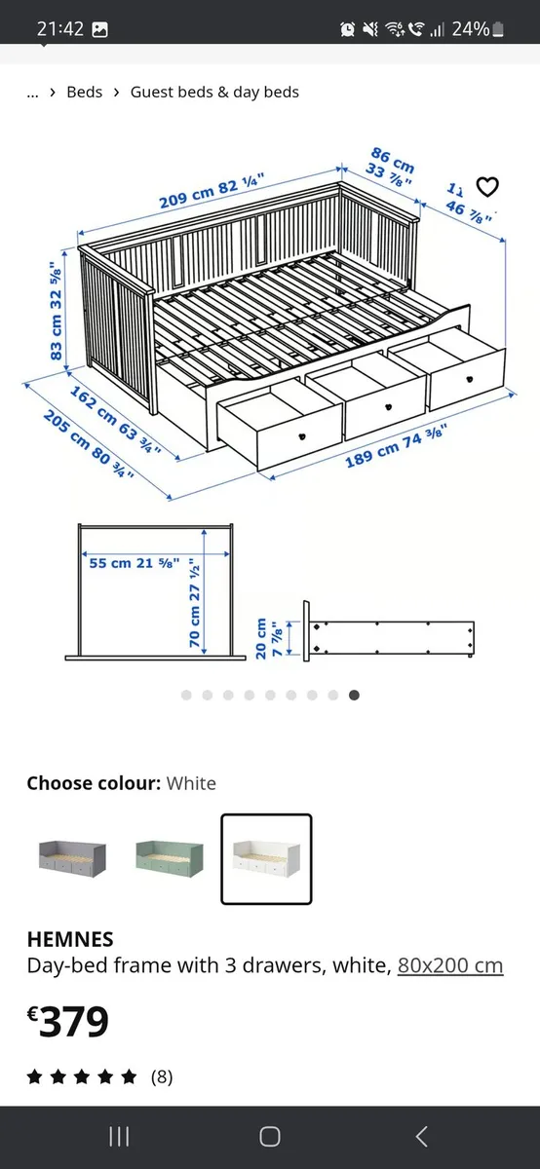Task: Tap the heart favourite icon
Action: [x=486, y=186]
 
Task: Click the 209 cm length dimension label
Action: [x=212, y=193]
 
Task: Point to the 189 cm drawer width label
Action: [x=395, y=445]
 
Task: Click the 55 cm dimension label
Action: [x=134, y=563]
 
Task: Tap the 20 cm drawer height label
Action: [x=267, y=639]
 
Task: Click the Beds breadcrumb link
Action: [x=84, y=92]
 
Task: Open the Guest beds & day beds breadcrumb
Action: [x=214, y=92]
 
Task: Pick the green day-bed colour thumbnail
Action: [x=169, y=857]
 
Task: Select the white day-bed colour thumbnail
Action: [x=266, y=858]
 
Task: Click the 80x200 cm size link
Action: [x=450, y=966]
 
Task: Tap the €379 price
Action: [x=68, y=1021]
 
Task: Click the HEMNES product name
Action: [x=70, y=939]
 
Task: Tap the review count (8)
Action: [x=161, y=1076]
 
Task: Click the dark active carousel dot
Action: [x=354, y=695]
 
